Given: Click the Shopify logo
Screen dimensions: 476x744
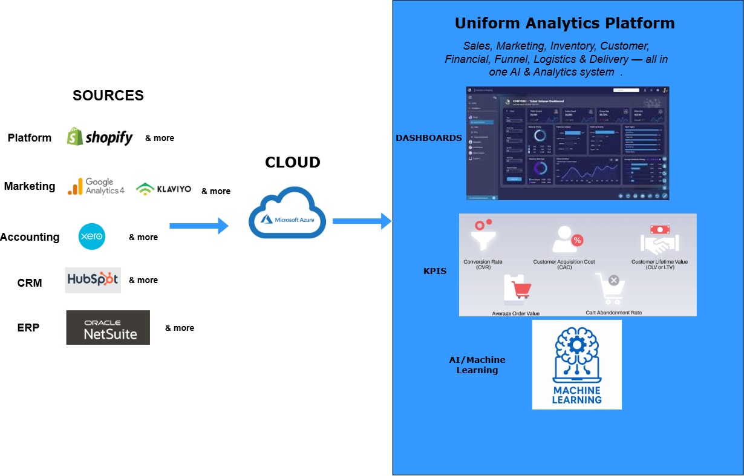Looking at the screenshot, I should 100,137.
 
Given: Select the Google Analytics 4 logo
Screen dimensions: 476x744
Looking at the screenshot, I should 96,186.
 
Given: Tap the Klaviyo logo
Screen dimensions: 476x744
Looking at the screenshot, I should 163,189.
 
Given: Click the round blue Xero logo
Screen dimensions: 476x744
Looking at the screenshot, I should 92,236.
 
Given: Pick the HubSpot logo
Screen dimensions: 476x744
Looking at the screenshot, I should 93,280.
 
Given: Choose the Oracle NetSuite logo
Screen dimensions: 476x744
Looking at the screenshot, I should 108,328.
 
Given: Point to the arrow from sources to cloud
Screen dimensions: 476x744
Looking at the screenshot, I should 199,226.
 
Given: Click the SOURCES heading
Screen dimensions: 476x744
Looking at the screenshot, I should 108,96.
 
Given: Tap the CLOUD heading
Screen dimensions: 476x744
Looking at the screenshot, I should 293,162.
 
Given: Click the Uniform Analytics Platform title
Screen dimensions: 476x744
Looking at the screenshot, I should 564,24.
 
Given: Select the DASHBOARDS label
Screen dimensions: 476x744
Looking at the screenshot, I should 428,138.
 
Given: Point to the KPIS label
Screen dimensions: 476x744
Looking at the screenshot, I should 434,271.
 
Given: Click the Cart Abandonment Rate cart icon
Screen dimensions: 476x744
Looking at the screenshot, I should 609,289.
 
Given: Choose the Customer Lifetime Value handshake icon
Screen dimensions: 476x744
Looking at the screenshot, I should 659,240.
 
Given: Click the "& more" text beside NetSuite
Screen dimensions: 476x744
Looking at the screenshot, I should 180,328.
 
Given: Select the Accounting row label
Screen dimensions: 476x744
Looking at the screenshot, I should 30,237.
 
